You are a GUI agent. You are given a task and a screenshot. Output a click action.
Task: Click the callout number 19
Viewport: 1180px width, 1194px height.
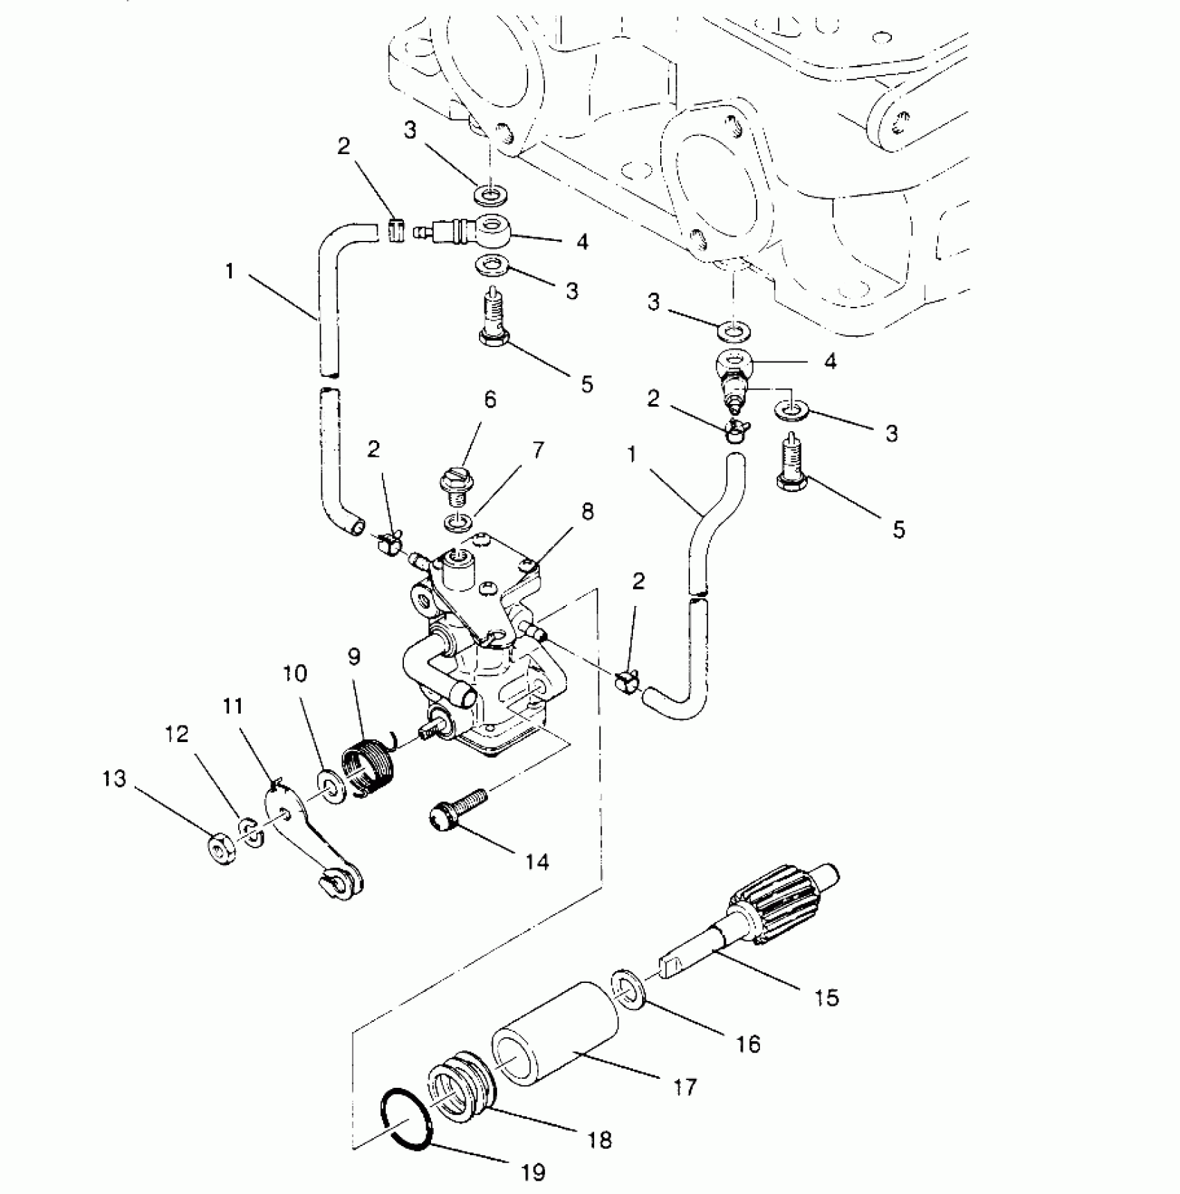point(532,1172)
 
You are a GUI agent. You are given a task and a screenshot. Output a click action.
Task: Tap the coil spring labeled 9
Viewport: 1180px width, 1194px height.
point(370,766)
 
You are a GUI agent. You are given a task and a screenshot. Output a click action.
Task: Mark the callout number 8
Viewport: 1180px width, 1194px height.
point(587,512)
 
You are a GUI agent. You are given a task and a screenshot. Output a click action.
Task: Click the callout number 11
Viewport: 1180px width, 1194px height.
point(233,706)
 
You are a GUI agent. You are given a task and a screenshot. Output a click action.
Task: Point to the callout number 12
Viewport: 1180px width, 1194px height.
point(178,734)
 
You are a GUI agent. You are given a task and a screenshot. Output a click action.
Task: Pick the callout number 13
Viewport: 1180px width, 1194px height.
point(115,779)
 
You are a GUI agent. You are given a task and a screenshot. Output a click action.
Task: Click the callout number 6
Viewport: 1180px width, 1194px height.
point(490,400)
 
